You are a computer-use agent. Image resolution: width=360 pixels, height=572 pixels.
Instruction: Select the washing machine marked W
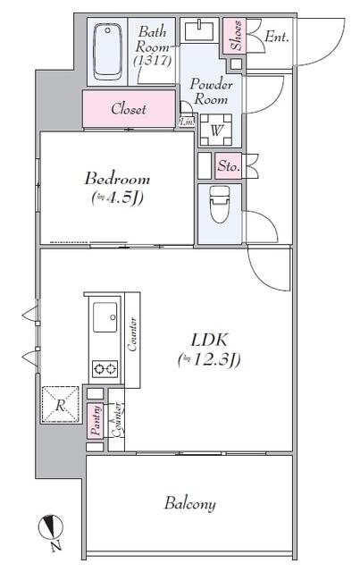pyautogui.click(x=217, y=130)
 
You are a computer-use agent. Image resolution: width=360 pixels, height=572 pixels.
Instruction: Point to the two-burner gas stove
pyautogui.click(x=105, y=368)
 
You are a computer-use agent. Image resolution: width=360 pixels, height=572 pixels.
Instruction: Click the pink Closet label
pyautogui.click(x=129, y=109)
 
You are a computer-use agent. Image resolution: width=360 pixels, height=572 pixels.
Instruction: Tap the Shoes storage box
pyautogui.click(x=233, y=38)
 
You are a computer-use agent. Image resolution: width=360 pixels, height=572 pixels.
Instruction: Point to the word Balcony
pyautogui.click(x=189, y=504)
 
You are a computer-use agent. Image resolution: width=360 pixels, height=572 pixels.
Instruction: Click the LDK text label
pyautogui.click(x=211, y=340)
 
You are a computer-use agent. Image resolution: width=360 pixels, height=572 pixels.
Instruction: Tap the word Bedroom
pyautogui.click(x=116, y=177)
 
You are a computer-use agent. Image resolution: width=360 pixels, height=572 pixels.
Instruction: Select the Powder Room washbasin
pyautogui.click(x=197, y=30)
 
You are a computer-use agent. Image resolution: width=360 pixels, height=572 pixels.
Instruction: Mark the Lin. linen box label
pyautogui.click(x=188, y=121)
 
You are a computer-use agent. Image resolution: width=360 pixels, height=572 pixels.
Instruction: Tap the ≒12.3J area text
pyautogui.click(x=211, y=360)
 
